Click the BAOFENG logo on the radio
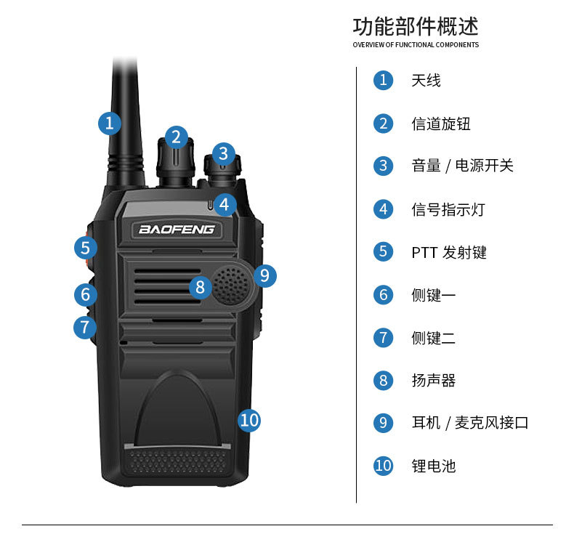coord(177,230)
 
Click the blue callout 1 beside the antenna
coord(109,123)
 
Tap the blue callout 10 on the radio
coord(248,419)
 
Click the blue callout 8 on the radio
coord(201,286)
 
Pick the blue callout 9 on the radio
coord(264,275)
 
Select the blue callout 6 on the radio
coord(85,294)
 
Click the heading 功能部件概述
coord(416,27)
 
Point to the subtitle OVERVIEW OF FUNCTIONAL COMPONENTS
coord(416,45)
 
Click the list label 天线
coord(426,81)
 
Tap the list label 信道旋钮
coord(441,124)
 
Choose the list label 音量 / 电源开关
coord(462,166)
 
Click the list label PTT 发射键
coord(448,252)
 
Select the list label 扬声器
coord(433,380)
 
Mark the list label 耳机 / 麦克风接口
coord(469,423)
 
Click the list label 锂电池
coord(433,466)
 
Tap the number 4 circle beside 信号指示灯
coord(383,209)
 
